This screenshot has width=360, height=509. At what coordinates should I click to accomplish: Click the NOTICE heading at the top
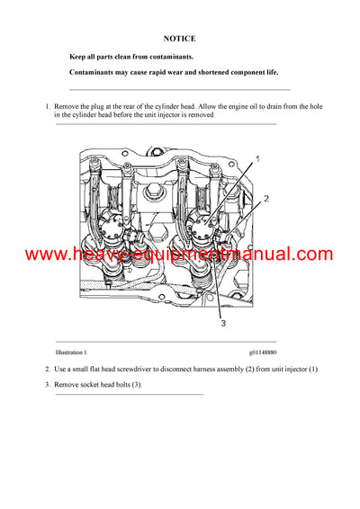pos(179,39)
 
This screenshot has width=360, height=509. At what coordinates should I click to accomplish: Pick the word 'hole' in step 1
pos(314,107)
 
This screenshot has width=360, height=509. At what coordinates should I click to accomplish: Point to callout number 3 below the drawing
pos(223,323)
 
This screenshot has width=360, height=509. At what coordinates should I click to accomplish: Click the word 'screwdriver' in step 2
pos(158,370)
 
